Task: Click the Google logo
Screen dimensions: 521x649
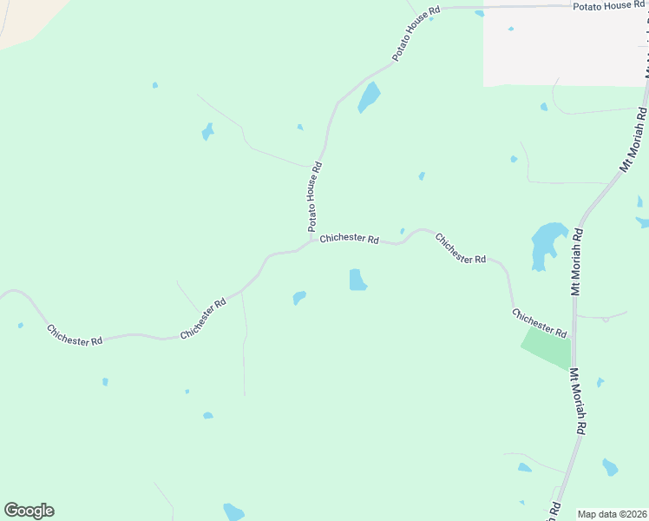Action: [29, 511]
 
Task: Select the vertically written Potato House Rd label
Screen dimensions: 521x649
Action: [315, 196]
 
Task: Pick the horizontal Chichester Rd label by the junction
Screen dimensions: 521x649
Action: [349, 239]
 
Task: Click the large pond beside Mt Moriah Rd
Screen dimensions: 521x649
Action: [547, 244]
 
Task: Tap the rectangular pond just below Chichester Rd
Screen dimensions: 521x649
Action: [357, 280]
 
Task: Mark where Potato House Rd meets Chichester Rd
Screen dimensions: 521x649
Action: [311, 242]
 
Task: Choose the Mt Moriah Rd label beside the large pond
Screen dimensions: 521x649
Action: [577, 261]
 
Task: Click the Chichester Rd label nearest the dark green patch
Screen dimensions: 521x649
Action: [539, 323]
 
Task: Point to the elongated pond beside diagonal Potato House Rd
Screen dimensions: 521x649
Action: [369, 97]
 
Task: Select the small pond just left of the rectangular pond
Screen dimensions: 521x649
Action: [299, 298]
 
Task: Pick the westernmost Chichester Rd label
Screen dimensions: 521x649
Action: [75, 335]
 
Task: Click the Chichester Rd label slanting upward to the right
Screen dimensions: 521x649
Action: [203, 319]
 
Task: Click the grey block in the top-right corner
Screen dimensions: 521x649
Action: [564, 48]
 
